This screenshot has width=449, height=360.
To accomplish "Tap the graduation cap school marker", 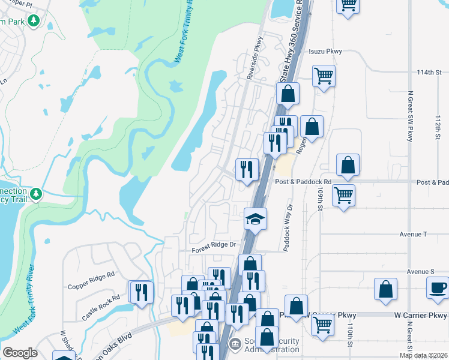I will point(255,218).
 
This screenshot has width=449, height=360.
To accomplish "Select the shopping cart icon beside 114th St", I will point(324,76).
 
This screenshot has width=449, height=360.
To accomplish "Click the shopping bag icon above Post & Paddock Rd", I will point(348,165).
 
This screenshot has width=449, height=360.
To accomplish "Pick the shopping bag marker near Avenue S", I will point(385,289).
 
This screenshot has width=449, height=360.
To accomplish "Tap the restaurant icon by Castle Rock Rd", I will point(142,292).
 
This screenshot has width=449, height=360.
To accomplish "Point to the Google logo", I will point(20,353).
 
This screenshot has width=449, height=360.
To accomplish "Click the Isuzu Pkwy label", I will point(326,52).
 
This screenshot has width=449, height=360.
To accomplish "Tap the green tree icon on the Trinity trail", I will point(36,194).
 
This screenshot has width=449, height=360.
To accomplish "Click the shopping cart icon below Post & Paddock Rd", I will point(343,194).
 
